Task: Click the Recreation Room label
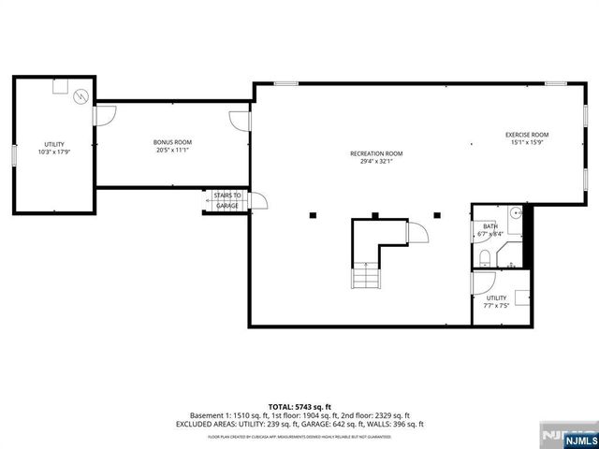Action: coord(376,153)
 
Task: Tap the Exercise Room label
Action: coord(527,135)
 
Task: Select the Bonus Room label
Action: coord(172,142)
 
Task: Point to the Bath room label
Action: coord(490,225)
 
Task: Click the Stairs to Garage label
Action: coord(226,200)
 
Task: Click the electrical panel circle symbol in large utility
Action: coord(80,95)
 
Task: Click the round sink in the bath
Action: coord(514,212)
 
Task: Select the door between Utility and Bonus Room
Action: coord(104,118)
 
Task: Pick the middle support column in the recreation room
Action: coord(374,216)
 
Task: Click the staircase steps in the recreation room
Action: coord(361,276)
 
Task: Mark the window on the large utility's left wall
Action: coord(13,156)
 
